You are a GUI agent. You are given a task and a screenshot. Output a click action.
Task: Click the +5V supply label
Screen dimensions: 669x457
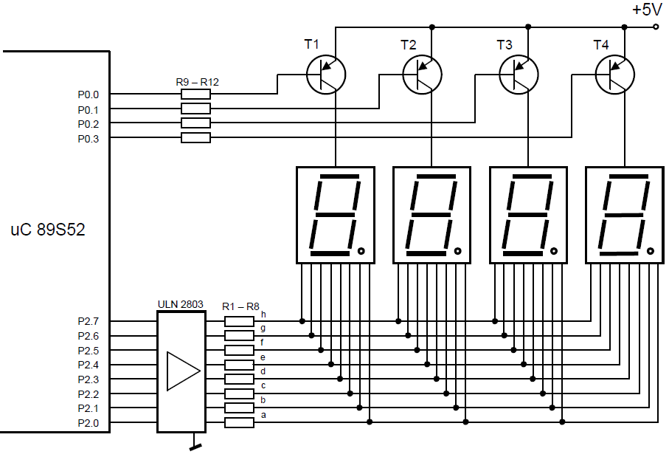coord(647,10)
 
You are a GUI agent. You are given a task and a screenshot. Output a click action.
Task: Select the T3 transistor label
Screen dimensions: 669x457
coord(505,45)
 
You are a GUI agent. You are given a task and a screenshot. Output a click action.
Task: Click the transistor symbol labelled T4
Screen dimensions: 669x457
coord(615,75)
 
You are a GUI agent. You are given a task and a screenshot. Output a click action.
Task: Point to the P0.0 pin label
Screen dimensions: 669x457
coord(89,95)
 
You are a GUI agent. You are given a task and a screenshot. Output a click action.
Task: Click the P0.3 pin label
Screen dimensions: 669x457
coord(89,139)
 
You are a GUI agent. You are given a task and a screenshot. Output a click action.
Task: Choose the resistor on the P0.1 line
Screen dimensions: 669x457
coord(196,109)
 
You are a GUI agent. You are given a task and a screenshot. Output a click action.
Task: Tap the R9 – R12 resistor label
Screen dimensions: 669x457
coord(197,82)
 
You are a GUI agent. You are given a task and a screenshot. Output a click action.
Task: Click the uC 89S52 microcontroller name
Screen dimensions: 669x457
coord(48,230)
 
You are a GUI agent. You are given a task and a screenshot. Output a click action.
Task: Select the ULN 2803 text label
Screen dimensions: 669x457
coord(181,304)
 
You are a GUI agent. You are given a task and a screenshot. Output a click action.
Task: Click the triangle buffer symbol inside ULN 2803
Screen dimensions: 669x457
coord(184,371)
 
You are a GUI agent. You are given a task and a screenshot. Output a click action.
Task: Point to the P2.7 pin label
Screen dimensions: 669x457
coord(89,321)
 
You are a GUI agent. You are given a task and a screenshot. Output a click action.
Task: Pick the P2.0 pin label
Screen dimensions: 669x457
coord(89,423)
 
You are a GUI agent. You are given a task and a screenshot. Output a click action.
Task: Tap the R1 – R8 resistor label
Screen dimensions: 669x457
coord(240,306)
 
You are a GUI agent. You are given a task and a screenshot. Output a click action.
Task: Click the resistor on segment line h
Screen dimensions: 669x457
coord(240,321)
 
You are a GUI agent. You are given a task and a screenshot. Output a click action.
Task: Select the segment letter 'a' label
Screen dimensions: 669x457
coord(263,415)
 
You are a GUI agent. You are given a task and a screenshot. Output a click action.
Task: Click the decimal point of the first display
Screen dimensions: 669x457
coord(361,251)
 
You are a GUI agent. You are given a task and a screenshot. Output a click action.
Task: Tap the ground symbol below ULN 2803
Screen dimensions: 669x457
coord(195,447)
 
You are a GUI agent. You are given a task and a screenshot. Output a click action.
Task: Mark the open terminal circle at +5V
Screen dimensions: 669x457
coord(656,27)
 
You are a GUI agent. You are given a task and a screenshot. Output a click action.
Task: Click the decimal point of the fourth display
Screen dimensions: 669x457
coord(651,251)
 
